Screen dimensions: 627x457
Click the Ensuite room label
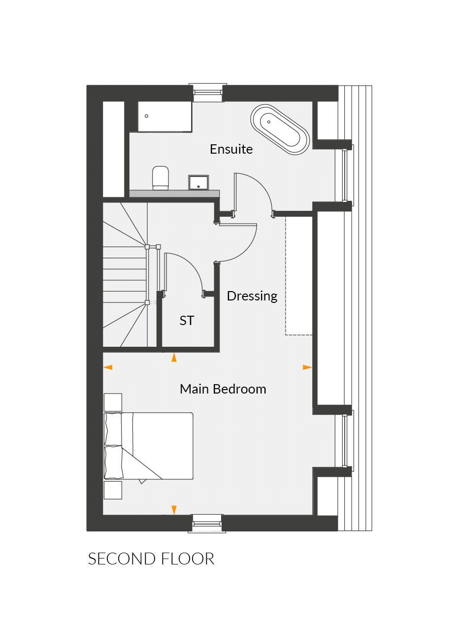tap(231, 149)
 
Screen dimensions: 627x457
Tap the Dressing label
tap(252, 296)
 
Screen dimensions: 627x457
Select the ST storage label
tap(187, 321)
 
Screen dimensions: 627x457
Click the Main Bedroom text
tap(223, 389)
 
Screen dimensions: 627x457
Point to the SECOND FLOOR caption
tap(151, 559)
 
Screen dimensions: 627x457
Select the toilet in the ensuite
tap(161, 178)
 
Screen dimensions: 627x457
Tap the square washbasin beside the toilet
tap(198, 182)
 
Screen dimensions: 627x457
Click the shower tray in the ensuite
tap(164, 117)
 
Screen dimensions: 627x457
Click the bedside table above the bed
tap(113, 402)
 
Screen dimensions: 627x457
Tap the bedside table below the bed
tap(113, 490)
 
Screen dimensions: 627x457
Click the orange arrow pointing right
tap(307, 367)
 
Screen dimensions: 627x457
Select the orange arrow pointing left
tap(108, 367)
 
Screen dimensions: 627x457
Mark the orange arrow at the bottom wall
tap(174, 510)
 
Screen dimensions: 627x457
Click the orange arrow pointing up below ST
tap(174, 358)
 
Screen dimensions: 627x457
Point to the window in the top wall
tap(207, 92)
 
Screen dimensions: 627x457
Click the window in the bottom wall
tap(207, 523)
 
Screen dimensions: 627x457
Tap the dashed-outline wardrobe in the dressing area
tap(299, 276)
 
